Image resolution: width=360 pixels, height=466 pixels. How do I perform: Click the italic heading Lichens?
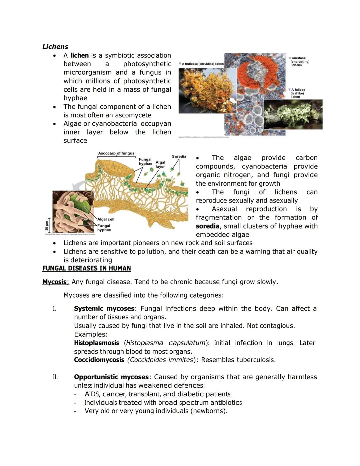pyautogui.click(x=55, y=47)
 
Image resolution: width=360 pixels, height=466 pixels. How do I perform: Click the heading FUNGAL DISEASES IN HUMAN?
pyautogui.click(x=86, y=268)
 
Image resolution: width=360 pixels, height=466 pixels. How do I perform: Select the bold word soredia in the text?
pyautogui.click(x=207, y=226)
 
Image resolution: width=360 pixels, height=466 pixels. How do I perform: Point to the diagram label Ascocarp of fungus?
pyautogui.click(x=116, y=153)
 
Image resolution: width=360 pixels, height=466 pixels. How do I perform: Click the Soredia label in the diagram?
pyautogui.click(x=179, y=156)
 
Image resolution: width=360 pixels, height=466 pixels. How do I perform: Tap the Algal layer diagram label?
pyautogui.click(x=160, y=164)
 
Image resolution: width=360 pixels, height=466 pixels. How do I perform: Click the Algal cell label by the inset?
pyautogui.click(x=106, y=219)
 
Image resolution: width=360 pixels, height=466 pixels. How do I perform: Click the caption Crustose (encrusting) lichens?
pyautogui.click(x=299, y=61)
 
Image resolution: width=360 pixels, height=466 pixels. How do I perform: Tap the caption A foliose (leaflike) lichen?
pyautogui.click(x=298, y=93)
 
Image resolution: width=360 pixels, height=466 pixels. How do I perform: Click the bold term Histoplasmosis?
pyautogui.click(x=96, y=343)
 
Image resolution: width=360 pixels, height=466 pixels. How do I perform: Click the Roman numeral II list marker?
pyautogui.click(x=55, y=377)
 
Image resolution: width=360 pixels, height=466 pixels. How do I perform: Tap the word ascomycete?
pyautogui.click(x=134, y=115)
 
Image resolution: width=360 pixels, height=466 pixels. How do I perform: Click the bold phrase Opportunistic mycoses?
pyautogui.click(x=111, y=377)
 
